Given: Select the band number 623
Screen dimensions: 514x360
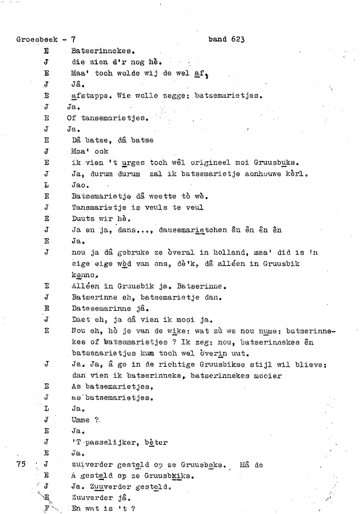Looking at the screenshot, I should tap(238, 39).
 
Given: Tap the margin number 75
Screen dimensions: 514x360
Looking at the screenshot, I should tap(21, 464).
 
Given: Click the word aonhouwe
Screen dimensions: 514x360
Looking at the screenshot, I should tap(263, 174).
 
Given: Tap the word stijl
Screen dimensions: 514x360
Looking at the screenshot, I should tap(261, 364).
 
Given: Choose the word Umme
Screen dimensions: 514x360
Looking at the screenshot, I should tap(80, 420).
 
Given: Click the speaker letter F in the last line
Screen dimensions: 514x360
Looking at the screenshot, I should tap(47, 508).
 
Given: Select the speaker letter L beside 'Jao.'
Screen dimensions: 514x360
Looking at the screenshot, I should tap(47, 185).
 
